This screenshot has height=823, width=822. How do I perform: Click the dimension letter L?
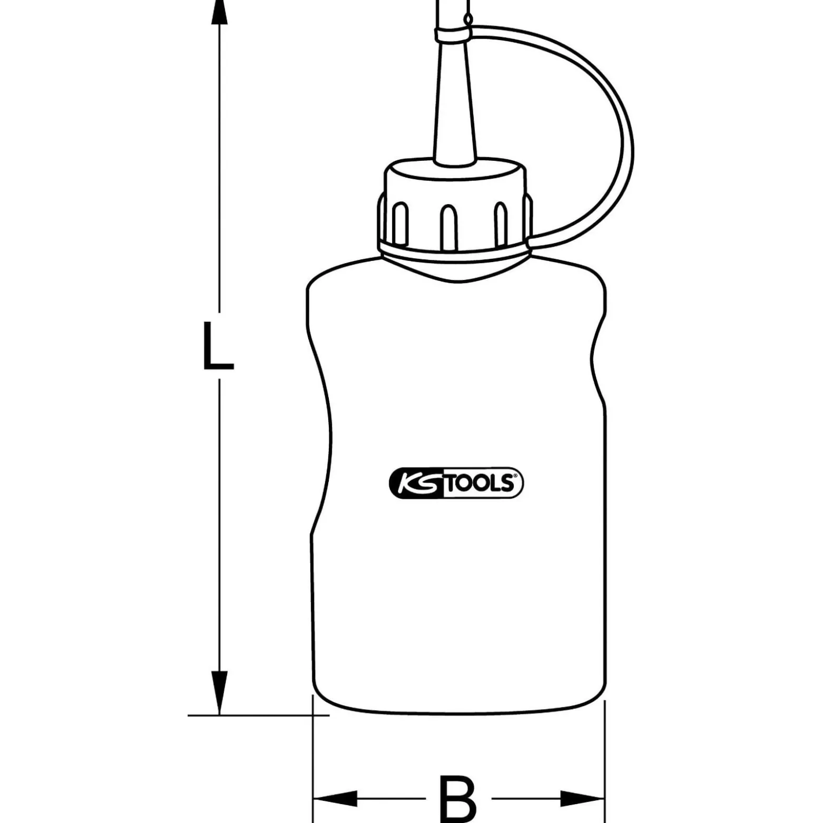[x=218, y=345]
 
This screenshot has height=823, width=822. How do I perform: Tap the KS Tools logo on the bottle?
[x=456, y=483]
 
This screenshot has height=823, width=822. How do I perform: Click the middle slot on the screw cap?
[x=448, y=227]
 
